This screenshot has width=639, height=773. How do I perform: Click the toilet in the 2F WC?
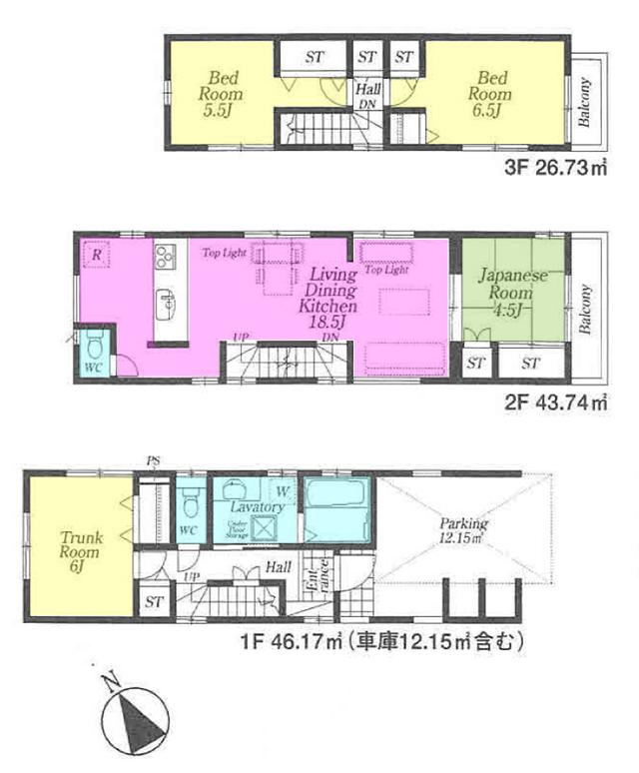click(x=94, y=349)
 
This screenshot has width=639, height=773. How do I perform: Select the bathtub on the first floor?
click(x=336, y=508)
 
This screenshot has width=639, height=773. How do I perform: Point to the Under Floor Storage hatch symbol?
click(x=238, y=531)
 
